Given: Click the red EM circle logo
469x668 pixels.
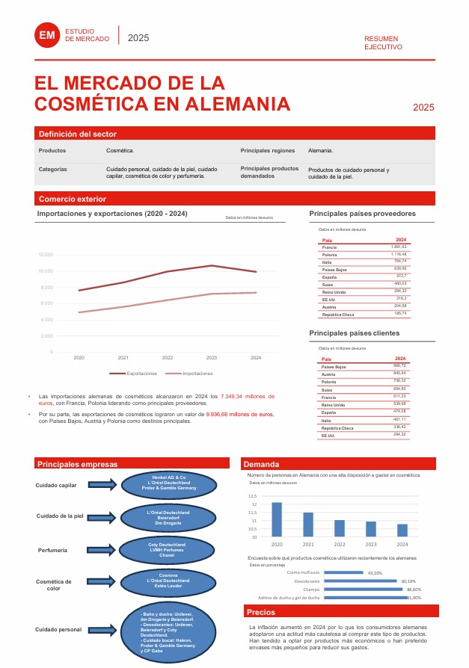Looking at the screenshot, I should pyautogui.click(x=47, y=35).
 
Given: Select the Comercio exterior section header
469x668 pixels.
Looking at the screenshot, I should pyautogui.click(x=73, y=199).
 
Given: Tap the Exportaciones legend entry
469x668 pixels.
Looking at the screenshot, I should pyautogui.click(x=134, y=373).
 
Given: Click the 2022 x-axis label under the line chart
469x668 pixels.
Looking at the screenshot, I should pyautogui.click(x=168, y=358).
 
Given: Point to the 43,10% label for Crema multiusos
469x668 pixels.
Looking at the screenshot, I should pyautogui.click(x=375, y=573).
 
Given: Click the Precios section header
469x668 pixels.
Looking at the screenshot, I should pyautogui.click(x=261, y=612).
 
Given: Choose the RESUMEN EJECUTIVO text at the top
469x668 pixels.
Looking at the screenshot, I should pyautogui.click(x=382, y=42).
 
